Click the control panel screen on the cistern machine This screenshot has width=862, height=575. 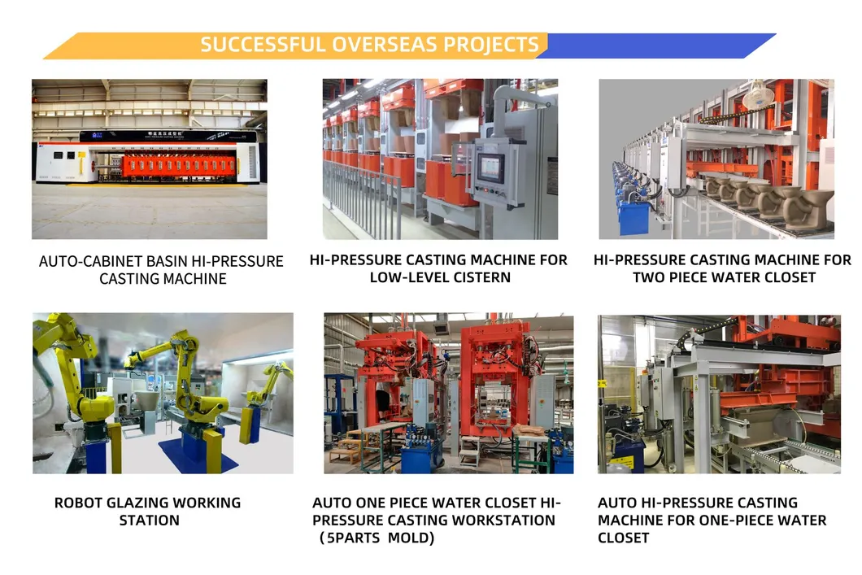point(490,167)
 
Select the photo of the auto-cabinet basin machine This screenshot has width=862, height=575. point(149,159)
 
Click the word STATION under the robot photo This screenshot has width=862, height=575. point(149,520)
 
